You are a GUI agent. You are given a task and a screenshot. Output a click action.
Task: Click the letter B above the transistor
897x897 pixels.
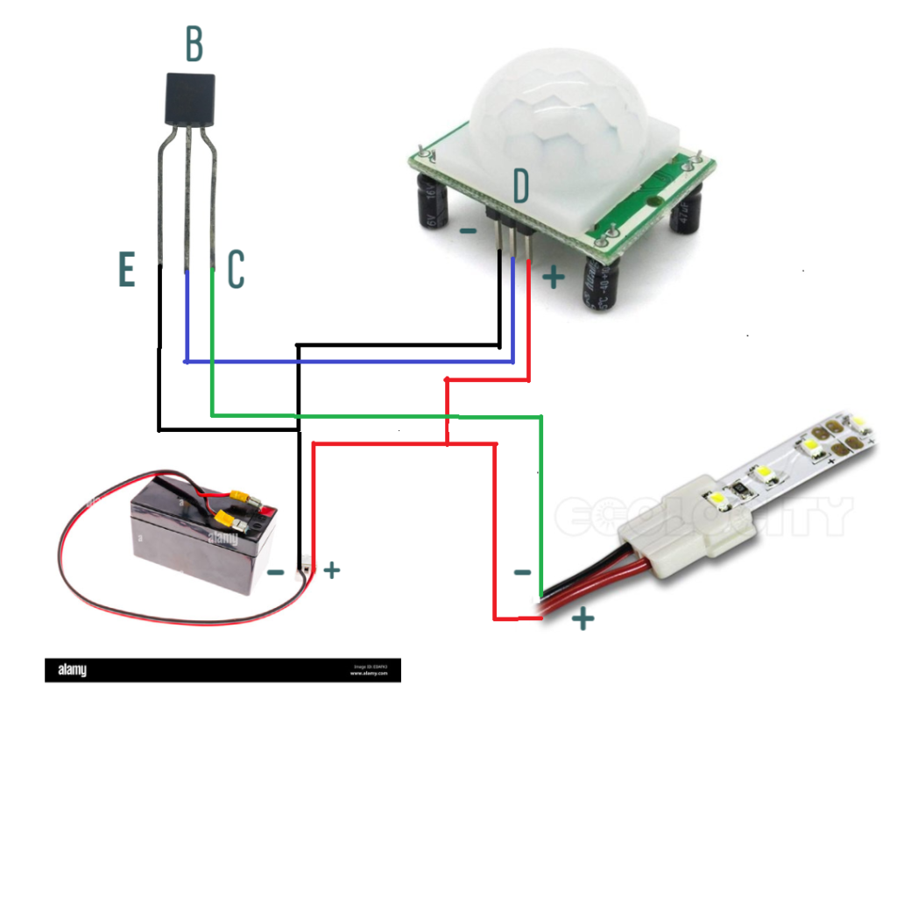[194, 45]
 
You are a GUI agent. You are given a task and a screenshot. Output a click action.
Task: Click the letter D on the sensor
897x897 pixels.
[521, 187]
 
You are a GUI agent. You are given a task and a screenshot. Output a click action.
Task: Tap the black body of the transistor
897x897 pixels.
[189, 100]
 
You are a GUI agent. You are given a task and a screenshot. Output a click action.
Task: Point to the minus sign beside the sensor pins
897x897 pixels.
[469, 231]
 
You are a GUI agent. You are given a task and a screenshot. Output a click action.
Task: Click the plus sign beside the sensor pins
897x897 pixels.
[553, 278]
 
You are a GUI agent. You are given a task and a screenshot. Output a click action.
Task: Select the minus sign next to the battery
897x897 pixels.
[275, 573]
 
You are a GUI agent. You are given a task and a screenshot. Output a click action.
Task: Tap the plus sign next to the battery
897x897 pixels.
[331, 571]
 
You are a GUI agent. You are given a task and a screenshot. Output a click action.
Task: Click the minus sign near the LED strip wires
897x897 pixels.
[522, 573]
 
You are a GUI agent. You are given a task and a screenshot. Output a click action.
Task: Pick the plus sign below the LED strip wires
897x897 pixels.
[583, 619]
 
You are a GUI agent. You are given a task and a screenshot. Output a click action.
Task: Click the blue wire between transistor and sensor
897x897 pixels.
[350, 361]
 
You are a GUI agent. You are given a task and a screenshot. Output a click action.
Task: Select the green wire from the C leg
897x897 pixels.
[377, 413]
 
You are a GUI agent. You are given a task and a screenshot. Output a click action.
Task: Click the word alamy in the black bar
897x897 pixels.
[72, 671]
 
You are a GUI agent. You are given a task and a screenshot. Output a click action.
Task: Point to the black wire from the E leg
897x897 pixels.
[159, 368]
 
